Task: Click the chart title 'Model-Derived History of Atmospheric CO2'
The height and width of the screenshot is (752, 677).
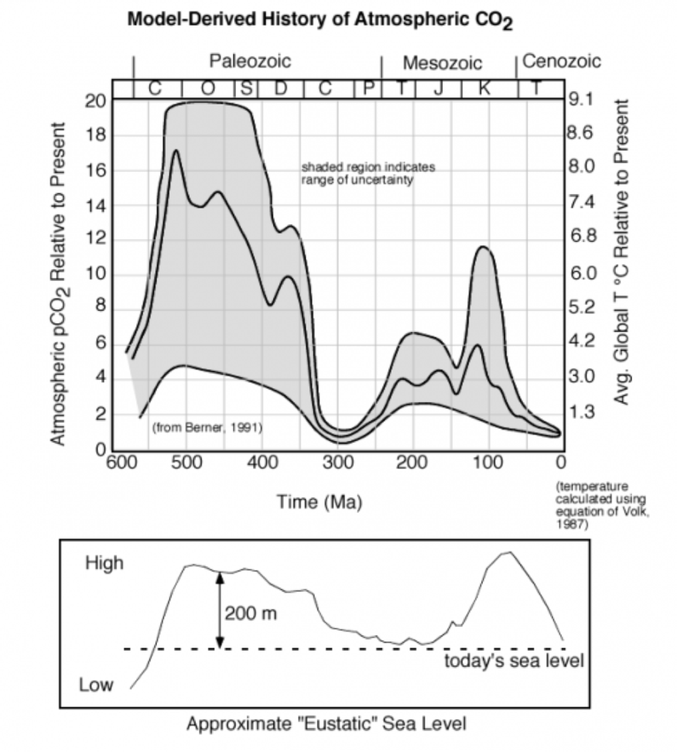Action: (x=320, y=22)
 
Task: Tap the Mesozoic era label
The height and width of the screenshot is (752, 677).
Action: (x=443, y=63)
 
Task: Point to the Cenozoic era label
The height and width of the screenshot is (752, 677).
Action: (x=562, y=61)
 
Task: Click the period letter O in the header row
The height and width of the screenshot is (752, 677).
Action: (x=208, y=88)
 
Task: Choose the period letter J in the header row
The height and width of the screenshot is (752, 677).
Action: (x=438, y=88)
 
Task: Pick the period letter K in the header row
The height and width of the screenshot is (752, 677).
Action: (x=485, y=88)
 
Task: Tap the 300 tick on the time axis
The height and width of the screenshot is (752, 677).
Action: (x=337, y=463)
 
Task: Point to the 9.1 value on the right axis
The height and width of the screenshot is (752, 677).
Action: (x=581, y=100)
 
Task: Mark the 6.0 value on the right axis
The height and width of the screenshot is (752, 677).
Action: (x=581, y=273)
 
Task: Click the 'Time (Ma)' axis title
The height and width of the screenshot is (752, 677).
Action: (x=320, y=502)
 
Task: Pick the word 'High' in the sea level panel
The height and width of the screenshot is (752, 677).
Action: (x=104, y=563)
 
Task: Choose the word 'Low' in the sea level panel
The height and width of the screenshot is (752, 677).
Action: (x=96, y=685)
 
